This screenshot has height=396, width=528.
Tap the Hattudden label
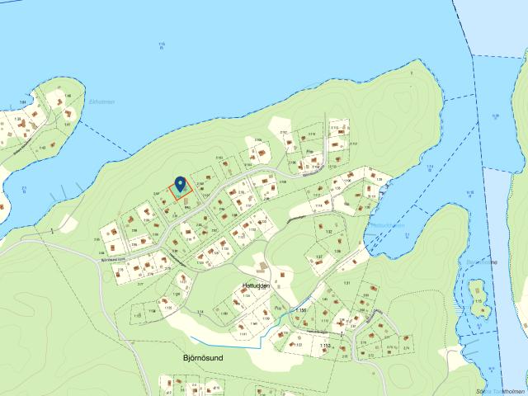257,285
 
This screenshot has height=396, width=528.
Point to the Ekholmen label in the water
101,101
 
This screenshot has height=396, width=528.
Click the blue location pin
181,184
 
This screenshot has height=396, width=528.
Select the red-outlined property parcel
181,189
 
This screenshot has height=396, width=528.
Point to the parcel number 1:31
346,283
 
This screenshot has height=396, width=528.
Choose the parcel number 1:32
328,233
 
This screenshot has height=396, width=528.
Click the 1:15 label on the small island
478,301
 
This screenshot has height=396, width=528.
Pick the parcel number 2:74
405,350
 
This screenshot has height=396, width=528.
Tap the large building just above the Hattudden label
262,266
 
